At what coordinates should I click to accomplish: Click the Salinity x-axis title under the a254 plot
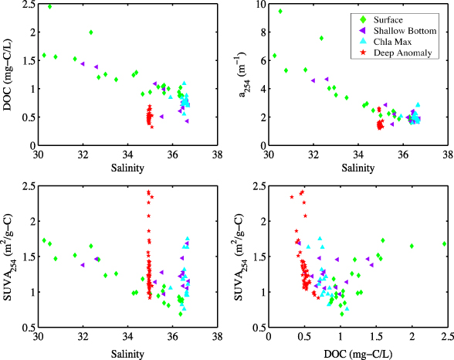(357, 168)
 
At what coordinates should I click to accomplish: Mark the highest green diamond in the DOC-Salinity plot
(50, 6)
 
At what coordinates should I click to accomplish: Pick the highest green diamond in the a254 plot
(280, 12)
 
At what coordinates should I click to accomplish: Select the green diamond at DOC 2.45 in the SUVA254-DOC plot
(445, 243)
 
